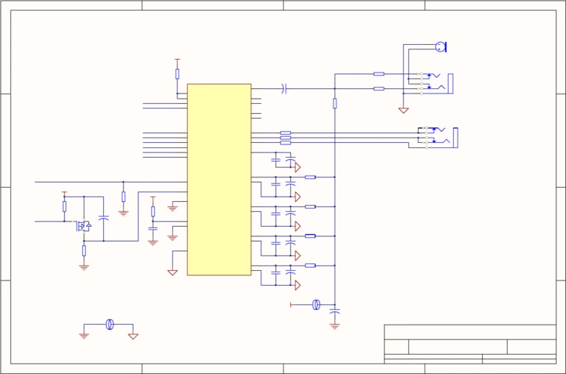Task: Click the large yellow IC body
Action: (x=218, y=180)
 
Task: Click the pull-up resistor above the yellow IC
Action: (x=177, y=73)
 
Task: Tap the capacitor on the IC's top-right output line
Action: (x=284, y=88)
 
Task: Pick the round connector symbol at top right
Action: (x=440, y=47)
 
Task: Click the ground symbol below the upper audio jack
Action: (x=404, y=110)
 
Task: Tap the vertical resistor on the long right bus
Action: (x=334, y=103)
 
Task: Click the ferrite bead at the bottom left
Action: (x=110, y=324)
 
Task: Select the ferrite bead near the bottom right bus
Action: (x=316, y=304)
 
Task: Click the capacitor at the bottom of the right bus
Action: (x=334, y=310)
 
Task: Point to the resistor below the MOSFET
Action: (x=84, y=250)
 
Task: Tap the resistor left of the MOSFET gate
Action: (x=64, y=206)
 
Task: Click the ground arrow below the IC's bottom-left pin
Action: (x=173, y=272)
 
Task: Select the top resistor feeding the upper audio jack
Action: (x=378, y=74)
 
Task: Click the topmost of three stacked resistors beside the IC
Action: (x=286, y=133)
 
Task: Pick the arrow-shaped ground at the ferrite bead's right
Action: (x=133, y=336)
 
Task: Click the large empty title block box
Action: (x=470, y=332)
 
